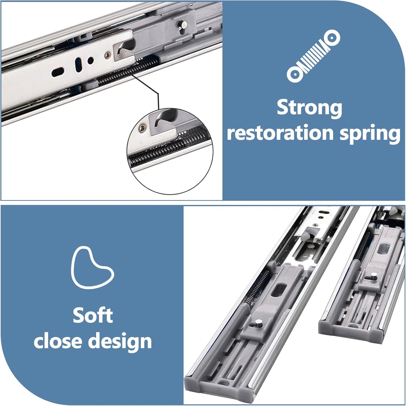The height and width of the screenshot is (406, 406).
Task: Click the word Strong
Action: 309,108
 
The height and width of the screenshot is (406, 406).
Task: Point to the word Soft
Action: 93,315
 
